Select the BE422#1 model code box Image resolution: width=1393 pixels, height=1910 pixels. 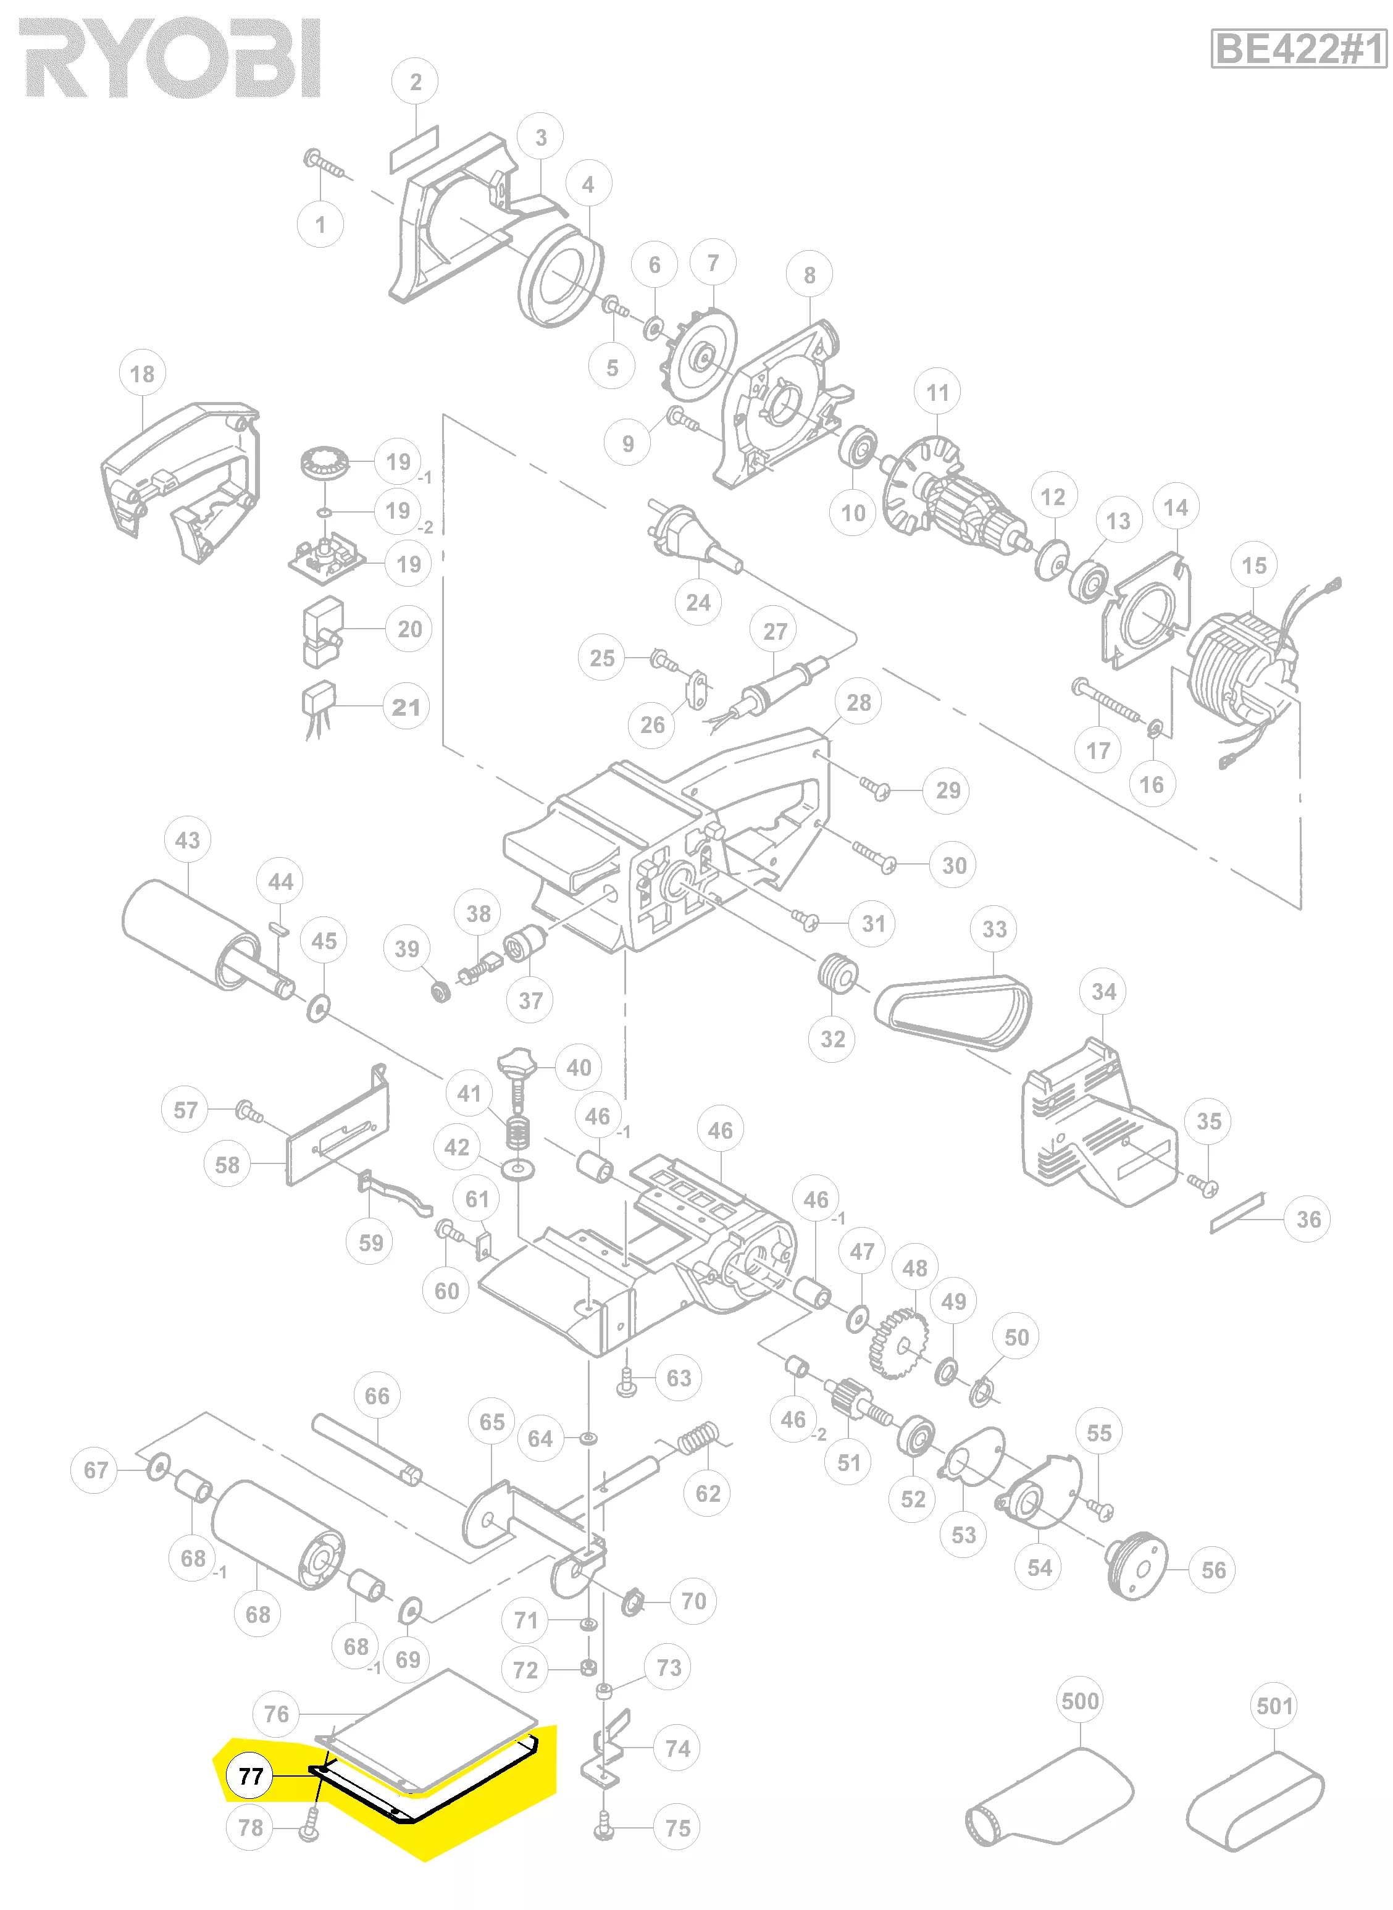1298,49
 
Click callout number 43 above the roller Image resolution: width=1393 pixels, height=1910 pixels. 187,840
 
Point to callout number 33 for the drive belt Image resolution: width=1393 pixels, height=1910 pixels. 994,929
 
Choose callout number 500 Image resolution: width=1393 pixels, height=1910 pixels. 1080,1701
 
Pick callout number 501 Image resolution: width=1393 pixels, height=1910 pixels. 1274,1706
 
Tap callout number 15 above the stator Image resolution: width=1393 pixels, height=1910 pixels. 1254,565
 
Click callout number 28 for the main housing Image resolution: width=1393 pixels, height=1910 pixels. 858,703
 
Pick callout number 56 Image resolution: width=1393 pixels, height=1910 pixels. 1213,1570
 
